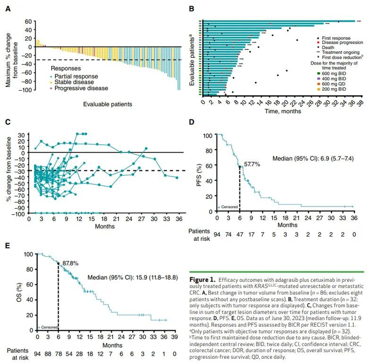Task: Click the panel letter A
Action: (8, 7)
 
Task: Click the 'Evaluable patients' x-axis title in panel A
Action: (108, 104)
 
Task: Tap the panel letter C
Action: (8, 122)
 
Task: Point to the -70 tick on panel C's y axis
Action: (21, 195)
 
